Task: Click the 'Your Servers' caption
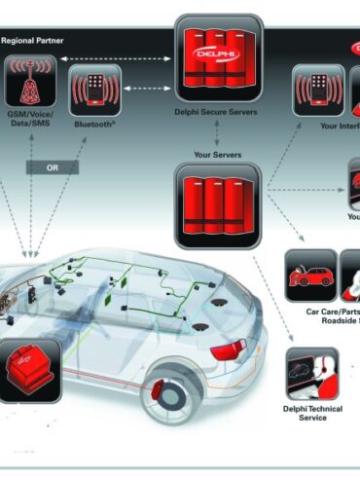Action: (x=218, y=154)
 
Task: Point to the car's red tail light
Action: (x=229, y=351)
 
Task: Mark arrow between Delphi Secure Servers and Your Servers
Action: (x=218, y=136)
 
